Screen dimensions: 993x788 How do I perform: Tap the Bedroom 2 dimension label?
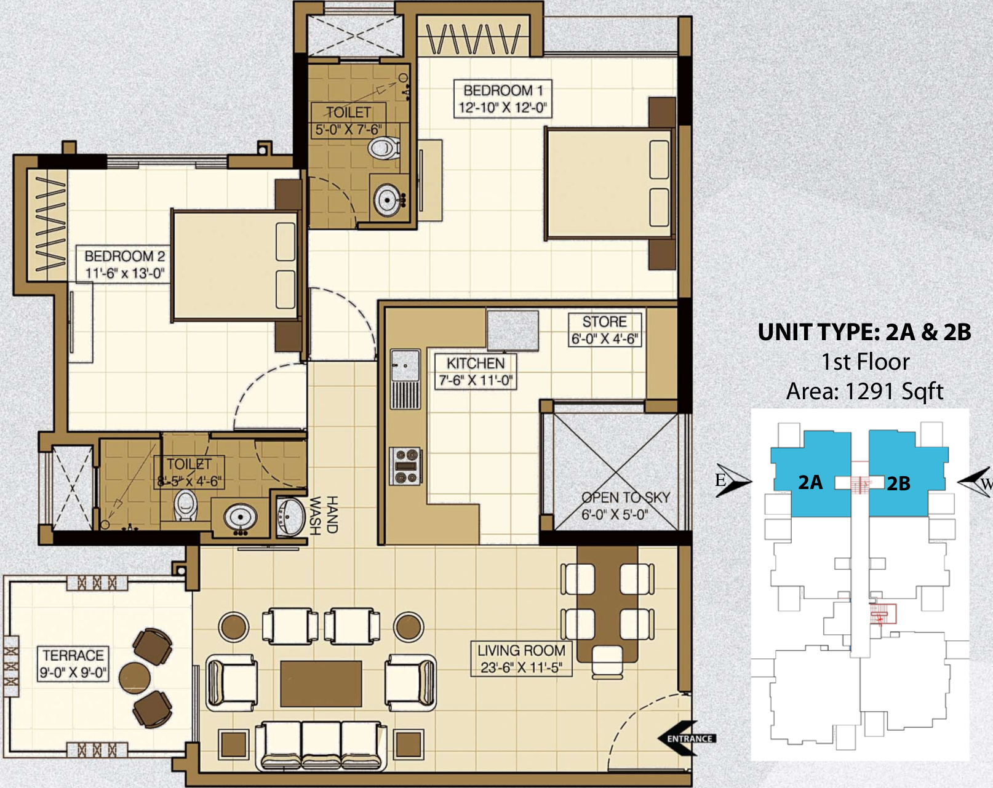point(124,273)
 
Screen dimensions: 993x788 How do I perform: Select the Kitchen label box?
point(476,372)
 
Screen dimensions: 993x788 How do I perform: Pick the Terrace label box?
point(73,664)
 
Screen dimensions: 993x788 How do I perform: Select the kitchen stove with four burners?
point(405,466)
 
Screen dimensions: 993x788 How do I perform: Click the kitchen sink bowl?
point(405,365)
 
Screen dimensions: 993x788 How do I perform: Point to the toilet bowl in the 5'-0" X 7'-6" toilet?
point(384,148)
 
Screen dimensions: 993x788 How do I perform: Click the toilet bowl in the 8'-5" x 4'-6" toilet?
point(186,505)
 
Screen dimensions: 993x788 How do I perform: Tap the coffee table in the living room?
point(321,684)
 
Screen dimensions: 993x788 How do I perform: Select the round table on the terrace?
point(134,678)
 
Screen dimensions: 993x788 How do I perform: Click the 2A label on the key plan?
point(810,482)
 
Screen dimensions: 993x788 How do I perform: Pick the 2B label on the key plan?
point(898,484)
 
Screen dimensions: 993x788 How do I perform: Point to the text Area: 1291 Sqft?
point(865,391)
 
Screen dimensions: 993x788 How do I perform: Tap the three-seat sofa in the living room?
point(321,744)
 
